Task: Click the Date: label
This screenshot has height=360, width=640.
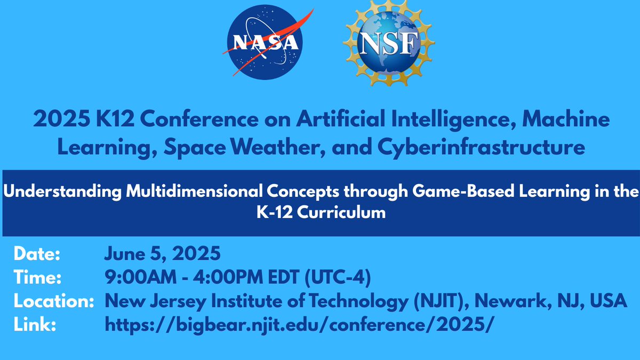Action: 38,254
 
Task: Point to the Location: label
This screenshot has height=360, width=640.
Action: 51,301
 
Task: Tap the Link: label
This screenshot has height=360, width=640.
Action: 35,325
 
